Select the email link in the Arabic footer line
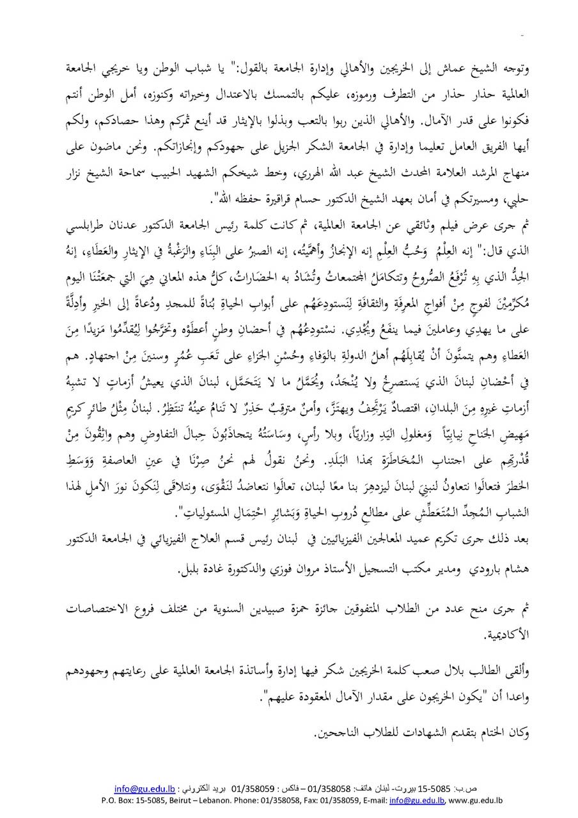[x=139, y=788]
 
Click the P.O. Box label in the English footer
[x=118, y=799]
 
